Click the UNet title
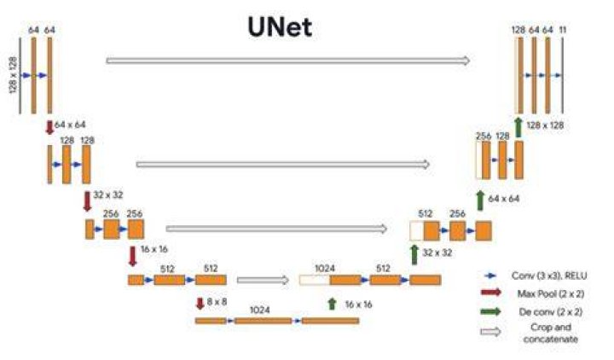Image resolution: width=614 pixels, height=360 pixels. (x=280, y=27)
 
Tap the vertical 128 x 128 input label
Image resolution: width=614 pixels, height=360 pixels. (x=13, y=75)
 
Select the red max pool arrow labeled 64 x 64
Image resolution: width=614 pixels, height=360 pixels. (x=49, y=127)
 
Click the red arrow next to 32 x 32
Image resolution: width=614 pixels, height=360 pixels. (x=87, y=201)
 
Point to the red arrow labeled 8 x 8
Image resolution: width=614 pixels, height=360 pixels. (x=200, y=303)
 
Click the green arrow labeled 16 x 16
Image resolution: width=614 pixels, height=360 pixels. (x=332, y=304)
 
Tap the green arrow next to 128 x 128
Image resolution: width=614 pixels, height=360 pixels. (x=518, y=127)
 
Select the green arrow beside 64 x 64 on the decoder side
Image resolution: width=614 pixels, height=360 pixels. (x=480, y=200)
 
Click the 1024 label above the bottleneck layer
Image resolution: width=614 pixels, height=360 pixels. (x=259, y=310)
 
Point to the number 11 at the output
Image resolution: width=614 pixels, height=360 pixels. (x=563, y=30)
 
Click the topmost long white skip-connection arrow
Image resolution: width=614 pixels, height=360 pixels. (x=288, y=61)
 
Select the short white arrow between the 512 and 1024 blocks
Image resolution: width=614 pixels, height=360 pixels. (x=264, y=280)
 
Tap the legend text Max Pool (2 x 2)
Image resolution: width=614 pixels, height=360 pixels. (x=551, y=293)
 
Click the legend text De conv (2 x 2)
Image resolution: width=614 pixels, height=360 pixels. (x=551, y=312)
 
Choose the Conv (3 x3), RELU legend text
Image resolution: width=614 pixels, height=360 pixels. (x=549, y=276)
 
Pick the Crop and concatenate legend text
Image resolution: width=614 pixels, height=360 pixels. (x=551, y=333)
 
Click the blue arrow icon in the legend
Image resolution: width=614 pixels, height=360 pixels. (x=490, y=276)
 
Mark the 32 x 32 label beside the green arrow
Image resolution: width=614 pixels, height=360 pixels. (x=437, y=253)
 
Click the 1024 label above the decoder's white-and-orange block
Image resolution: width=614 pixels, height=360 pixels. (x=325, y=269)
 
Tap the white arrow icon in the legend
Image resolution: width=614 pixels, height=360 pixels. (x=490, y=332)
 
